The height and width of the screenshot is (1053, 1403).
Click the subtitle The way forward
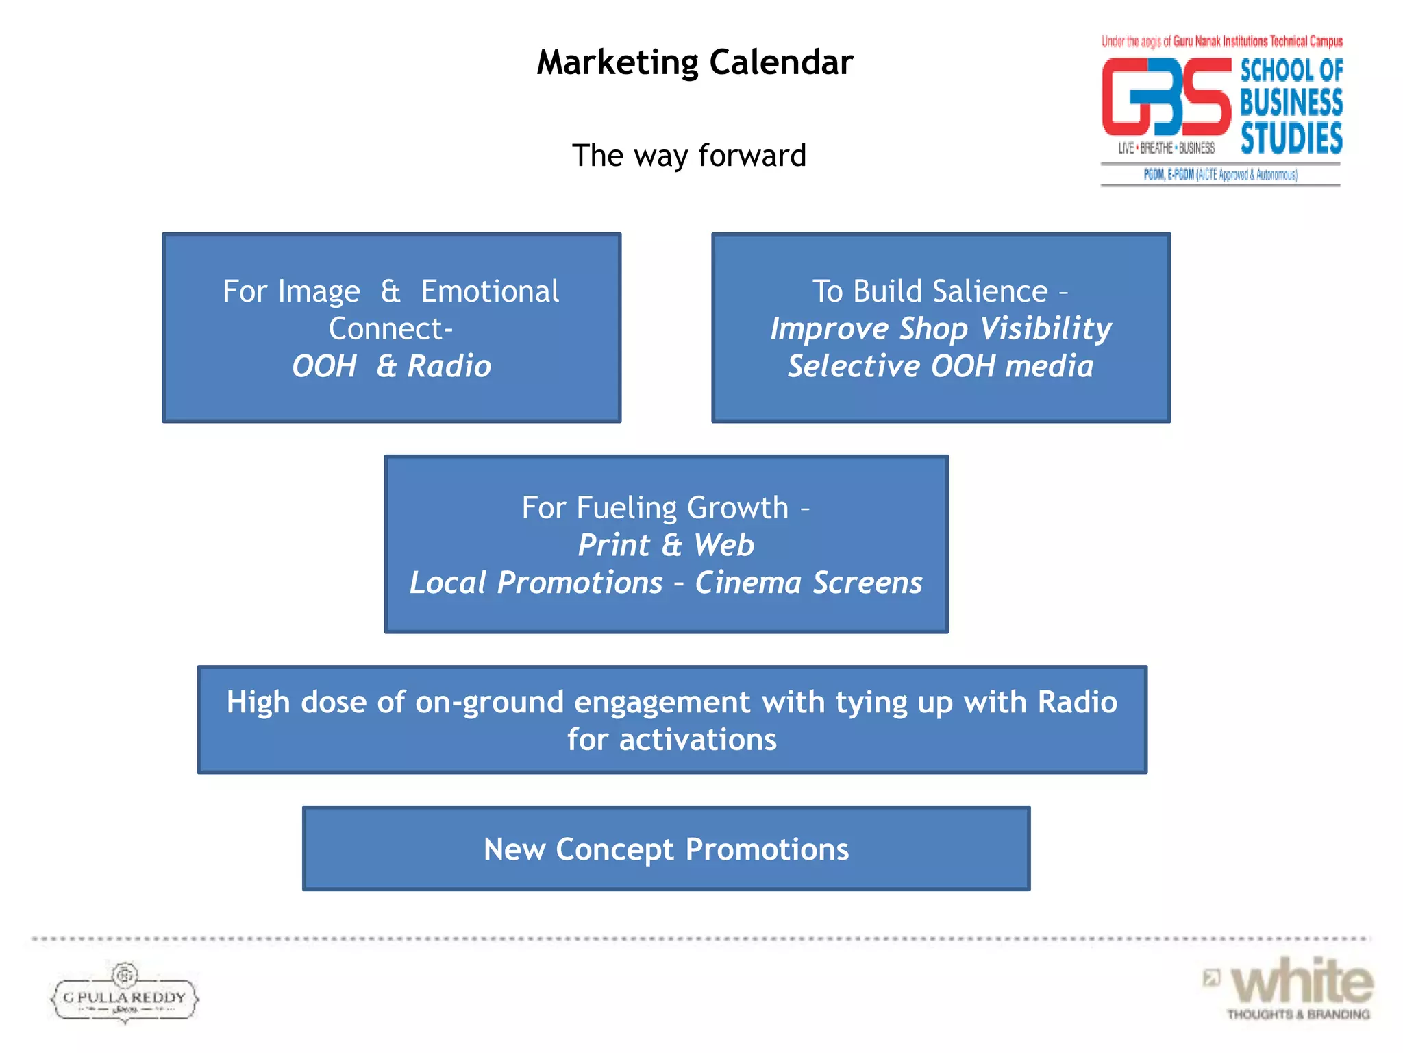point(688,156)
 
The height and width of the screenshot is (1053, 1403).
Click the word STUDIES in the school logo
point(1291,138)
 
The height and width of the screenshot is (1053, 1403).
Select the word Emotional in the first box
point(490,291)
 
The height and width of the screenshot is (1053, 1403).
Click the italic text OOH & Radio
point(391,366)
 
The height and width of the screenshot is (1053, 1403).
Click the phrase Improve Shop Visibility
point(941,328)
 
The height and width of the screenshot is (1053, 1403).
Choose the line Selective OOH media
point(941,366)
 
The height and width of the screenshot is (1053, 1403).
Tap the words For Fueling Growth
point(655,508)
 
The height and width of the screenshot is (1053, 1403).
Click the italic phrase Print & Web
point(666,546)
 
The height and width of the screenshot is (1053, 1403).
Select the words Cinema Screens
point(808,583)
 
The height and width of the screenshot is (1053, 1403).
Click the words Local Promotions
point(536,583)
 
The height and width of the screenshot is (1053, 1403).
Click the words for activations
point(671,740)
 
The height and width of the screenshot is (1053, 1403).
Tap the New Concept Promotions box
point(666,849)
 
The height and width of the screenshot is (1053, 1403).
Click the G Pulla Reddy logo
point(125,994)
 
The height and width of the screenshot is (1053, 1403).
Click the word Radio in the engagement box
point(1077,703)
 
